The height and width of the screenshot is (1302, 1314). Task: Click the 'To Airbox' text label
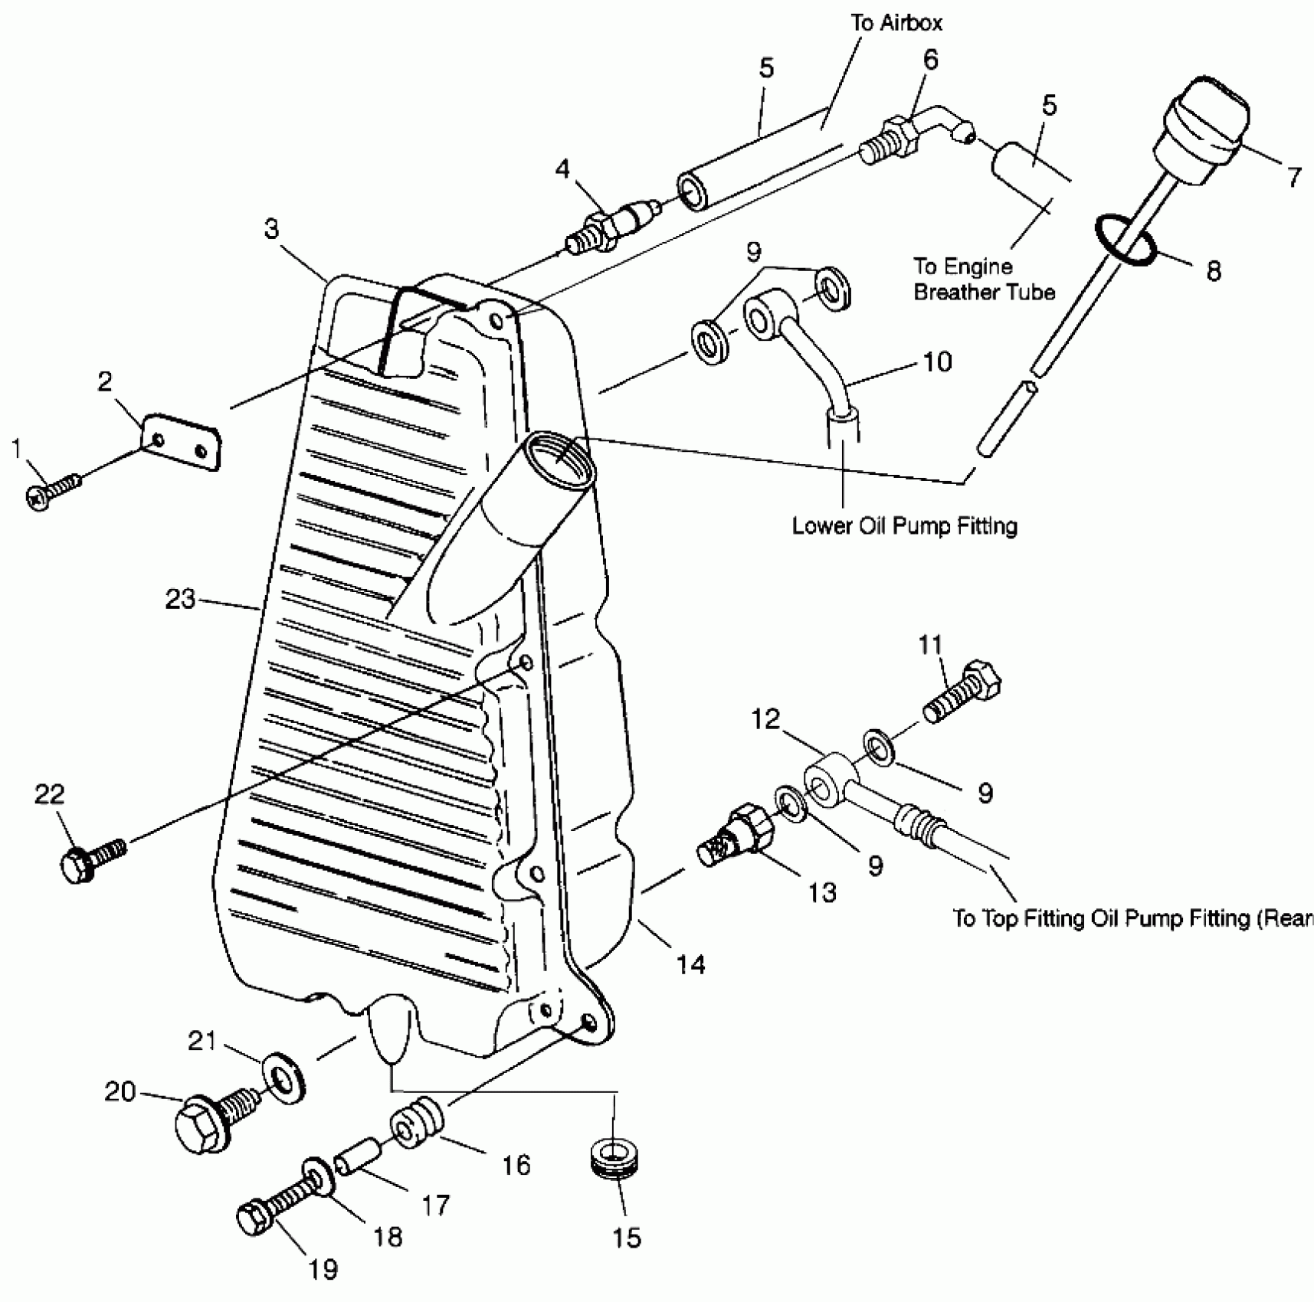point(896,23)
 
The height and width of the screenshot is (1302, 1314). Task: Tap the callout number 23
point(181,599)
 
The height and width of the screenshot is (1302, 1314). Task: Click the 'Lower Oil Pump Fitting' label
point(904,526)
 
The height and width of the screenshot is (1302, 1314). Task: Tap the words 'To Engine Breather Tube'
point(984,280)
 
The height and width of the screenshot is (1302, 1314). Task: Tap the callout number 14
point(690,964)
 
